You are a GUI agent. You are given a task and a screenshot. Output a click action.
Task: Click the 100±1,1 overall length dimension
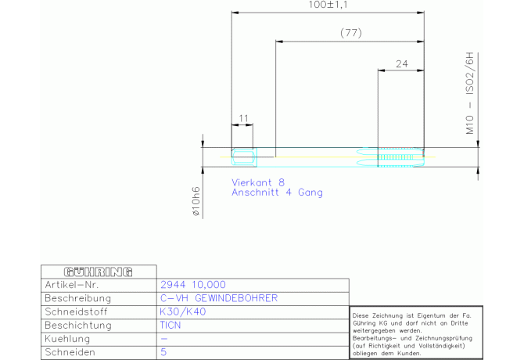pyautogui.click(x=328, y=5)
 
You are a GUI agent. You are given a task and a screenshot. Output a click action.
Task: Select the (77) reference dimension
pyautogui.click(x=351, y=33)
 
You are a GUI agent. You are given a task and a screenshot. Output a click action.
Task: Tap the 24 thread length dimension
pyautogui.click(x=402, y=64)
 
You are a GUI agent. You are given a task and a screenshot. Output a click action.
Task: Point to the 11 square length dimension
pyautogui.click(x=243, y=118)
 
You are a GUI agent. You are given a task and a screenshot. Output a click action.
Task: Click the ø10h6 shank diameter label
pyautogui.click(x=196, y=201)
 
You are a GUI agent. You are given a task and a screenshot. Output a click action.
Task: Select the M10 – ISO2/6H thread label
pyautogui.click(x=470, y=93)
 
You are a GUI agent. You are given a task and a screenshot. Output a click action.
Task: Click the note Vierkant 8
pyautogui.click(x=258, y=182)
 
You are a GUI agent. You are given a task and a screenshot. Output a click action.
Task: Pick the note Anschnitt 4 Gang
pyautogui.click(x=277, y=193)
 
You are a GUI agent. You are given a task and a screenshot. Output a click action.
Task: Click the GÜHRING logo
pyautogui.click(x=99, y=272)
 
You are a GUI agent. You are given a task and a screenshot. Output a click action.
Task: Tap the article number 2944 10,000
pyautogui.click(x=193, y=285)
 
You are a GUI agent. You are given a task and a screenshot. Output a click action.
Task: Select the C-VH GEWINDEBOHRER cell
pyautogui.click(x=219, y=298)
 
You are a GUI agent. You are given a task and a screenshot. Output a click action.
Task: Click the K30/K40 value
pyautogui.click(x=183, y=311)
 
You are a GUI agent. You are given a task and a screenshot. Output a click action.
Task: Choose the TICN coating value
pyautogui.click(x=170, y=326)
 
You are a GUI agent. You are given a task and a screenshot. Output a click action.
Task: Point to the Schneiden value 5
pyautogui.click(x=163, y=352)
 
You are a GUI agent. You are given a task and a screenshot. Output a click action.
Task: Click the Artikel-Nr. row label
pyautogui.click(x=72, y=285)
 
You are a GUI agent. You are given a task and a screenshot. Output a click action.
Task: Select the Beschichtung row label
pyautogui.click(x=78, y=326)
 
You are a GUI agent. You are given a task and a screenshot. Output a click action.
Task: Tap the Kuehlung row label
pyautogui.click(x=67, y=339)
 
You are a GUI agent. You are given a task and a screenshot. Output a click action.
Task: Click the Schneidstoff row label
pyautogui.click(x=76, y=311)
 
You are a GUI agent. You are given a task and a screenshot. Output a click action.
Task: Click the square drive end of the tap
pyautogui.click(x=244, y=157)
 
